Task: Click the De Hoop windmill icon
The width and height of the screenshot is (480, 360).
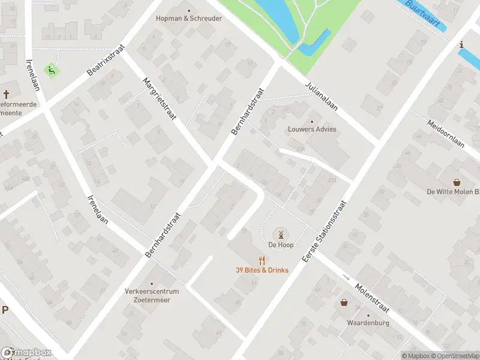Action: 280,235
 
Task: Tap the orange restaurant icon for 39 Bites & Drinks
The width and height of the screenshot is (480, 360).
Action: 262,260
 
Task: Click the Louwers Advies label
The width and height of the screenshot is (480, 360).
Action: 311,129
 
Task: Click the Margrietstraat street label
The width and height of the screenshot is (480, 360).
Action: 159,98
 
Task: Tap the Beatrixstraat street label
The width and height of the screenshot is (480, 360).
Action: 106,62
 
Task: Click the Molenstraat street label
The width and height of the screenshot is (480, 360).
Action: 372,299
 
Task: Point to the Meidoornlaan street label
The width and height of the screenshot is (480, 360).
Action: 446,134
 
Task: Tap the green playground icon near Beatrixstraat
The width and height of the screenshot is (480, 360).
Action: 52,70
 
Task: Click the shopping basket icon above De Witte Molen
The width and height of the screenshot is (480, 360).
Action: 457,182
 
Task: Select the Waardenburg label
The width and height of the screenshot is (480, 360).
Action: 368,323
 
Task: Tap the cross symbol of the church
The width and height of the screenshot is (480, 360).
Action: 7,94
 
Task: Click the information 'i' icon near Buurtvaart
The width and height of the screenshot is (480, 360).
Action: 461,44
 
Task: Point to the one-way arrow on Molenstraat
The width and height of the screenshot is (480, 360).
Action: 346,277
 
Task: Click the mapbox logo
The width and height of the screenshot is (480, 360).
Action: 26,353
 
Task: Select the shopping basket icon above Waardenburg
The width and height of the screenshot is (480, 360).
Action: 344,302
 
